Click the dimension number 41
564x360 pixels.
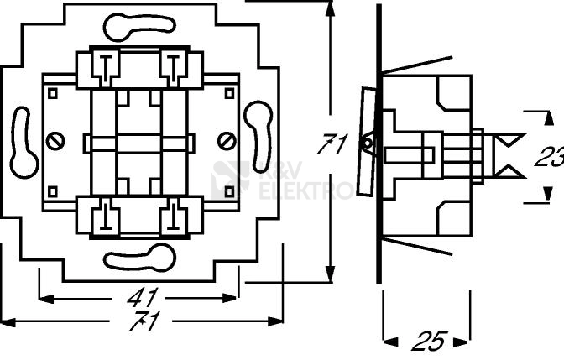(143, 297)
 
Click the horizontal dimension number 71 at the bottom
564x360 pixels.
(144, 321)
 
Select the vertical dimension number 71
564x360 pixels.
(332, 144)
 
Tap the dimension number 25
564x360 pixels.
(430, 341)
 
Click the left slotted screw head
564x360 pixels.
(55, 141)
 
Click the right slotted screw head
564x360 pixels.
(227, 141)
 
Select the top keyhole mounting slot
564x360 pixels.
(139, 27)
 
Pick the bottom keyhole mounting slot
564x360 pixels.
(139, 257)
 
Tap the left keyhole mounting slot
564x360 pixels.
(23, 143)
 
